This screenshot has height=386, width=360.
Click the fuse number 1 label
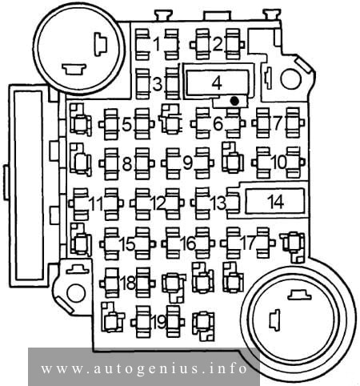click(158, 44)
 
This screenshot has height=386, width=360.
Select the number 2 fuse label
click(218, 44)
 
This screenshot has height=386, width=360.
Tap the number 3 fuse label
click(158, 84)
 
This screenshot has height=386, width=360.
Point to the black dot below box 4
click(234, 101)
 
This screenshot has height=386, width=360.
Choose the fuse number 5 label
click(127, 124)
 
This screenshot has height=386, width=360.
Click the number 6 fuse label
click(218, 123)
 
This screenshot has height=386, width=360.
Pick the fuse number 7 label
click(278, 123)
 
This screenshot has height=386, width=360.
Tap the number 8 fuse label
click(127, 163)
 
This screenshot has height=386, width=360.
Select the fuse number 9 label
click(188, 163)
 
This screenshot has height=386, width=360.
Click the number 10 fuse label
click(279, 163)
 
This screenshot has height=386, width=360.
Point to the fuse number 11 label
click(97, 204)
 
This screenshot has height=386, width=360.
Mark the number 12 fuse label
click(158, 203)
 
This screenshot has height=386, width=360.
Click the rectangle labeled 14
click(275, 202)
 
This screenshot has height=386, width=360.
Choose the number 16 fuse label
click(188, 243)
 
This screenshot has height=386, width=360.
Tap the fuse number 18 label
click(128, 283)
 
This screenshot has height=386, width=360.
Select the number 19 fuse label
click(159, 322)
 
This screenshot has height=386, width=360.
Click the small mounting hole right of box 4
click(291, 79)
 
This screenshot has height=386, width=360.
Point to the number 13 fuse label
click(218, 203)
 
